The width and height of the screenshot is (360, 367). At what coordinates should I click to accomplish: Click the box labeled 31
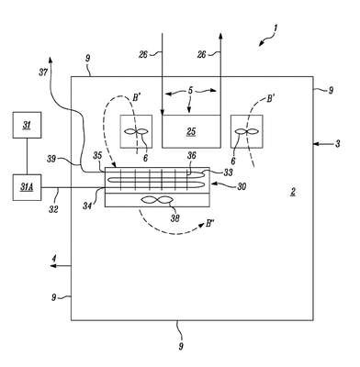click(27, 125)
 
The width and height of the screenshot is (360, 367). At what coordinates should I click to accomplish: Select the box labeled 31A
click(27, 187)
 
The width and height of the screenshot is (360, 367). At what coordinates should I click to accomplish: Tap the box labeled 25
click(191, 131)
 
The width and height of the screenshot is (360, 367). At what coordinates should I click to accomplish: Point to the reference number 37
click(43, 72)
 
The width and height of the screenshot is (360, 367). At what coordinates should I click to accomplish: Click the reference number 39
click(51, 159)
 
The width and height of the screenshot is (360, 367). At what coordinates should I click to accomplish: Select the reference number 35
click(97, 156)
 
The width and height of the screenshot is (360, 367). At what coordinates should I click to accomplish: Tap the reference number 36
click(192, 156)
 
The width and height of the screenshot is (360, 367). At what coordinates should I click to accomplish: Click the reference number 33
click(228, 172)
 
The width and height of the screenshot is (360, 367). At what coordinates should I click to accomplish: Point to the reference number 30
click(242, 186)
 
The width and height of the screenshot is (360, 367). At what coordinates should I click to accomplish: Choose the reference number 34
click(87, 206)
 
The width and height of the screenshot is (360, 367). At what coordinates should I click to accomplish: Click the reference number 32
click(53, 209)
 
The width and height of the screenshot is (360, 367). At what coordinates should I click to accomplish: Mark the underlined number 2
click(293, 192)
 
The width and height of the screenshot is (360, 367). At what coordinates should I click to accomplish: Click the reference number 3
click(337, 143)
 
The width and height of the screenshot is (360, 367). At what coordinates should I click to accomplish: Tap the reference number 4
click(54, 259)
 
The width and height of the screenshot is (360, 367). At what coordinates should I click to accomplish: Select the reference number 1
click(276, 28)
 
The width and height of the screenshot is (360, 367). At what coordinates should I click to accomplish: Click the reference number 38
click(175, 218)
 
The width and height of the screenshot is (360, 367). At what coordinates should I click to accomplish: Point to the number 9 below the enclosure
click(181, 347)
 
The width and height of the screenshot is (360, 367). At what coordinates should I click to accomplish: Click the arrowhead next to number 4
click(53, 266)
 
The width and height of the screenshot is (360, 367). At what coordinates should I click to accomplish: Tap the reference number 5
click(190, 91)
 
